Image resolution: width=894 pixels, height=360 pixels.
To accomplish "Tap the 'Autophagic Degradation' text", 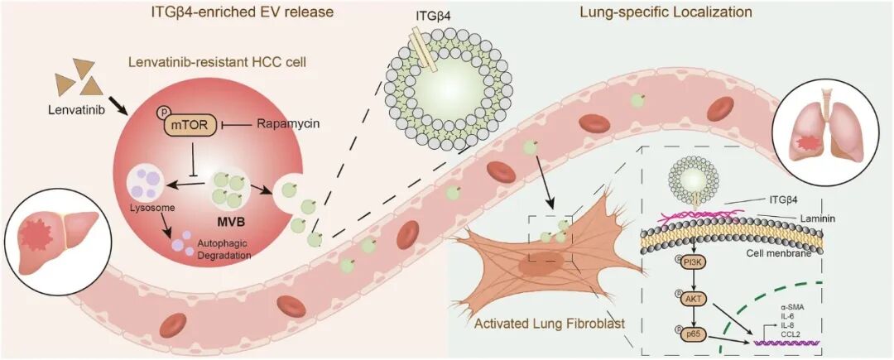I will coord(223,251).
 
